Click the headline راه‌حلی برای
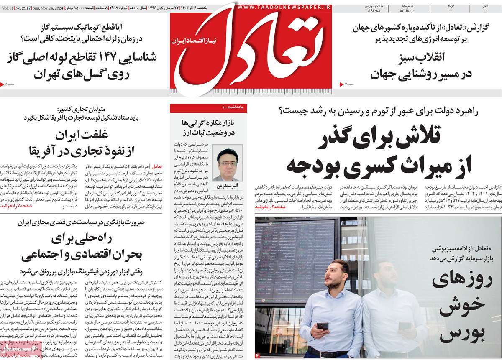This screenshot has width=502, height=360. click(x=79, y=240)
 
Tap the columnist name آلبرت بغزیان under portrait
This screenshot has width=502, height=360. click(x=227, y=185)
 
